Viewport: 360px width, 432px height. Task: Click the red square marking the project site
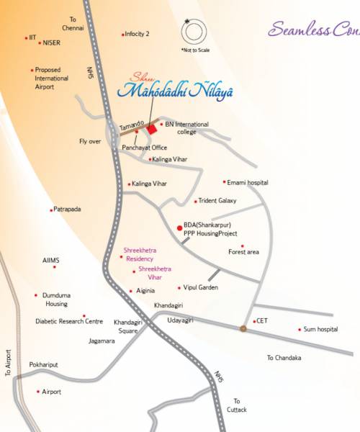coord(152,129)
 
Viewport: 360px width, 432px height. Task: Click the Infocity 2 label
coord(137,34)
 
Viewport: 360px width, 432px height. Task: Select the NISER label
coord(51,42)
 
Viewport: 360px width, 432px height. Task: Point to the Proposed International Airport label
coord(52,78)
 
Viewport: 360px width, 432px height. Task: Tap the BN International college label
coord(191,128)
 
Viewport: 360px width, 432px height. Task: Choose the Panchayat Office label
coord(144,147)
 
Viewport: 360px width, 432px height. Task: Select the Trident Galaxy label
coord(217,201)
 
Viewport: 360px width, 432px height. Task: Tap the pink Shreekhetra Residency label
coord(140,253)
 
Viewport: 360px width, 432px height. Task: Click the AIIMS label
coord(52,260)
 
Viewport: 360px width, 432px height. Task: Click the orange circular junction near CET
coord(243,329)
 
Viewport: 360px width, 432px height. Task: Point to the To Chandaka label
coord(284,358)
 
